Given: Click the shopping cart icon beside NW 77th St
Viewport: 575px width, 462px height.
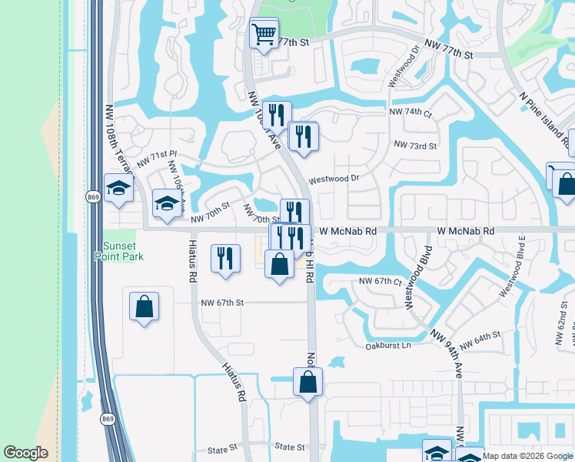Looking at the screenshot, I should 264,35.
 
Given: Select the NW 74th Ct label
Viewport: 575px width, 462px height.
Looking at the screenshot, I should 410,112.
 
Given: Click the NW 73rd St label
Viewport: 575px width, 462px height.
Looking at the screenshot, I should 414,145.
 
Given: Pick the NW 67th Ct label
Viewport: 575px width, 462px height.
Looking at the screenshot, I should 381,282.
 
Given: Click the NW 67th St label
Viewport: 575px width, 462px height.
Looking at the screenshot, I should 221,303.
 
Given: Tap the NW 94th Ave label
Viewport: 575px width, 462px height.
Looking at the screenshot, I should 447,353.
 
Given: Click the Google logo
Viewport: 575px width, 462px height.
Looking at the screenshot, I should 26,453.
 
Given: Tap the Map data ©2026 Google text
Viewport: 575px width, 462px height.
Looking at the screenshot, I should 528,456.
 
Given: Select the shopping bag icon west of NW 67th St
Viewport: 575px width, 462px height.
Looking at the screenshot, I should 144,307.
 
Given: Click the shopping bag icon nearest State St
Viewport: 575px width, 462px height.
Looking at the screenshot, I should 307,382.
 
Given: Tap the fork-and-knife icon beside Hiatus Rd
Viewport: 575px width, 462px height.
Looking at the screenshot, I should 224,258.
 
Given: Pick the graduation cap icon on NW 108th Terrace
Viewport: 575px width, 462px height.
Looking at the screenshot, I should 119,189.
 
